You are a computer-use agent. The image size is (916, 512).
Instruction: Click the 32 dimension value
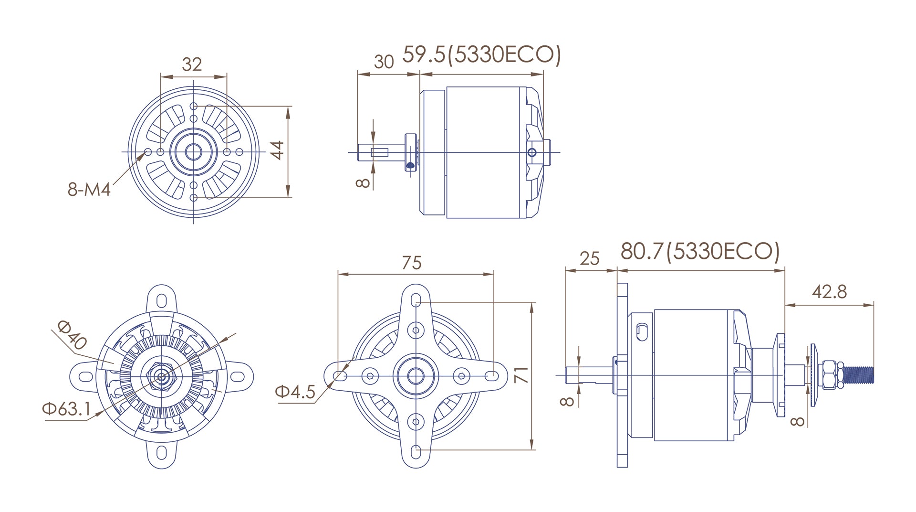click(192, 64)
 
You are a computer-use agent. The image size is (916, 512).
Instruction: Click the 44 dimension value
click(278, 149)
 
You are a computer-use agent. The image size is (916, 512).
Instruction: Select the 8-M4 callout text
click(89, 190)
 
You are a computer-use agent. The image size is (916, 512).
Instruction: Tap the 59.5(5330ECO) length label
click(482, 55)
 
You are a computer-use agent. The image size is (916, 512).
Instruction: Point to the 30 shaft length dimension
click(384, 62)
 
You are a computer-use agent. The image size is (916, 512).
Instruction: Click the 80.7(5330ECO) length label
click(700, 251)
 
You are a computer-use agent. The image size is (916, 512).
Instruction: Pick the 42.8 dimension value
click(829, 291)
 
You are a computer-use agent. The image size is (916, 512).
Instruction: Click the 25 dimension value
click(589, 259)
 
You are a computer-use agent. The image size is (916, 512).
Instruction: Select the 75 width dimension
click(411, 263)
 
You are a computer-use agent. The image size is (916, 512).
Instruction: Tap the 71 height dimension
click(522, 375)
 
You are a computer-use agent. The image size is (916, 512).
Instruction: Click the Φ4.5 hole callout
click(295, 392)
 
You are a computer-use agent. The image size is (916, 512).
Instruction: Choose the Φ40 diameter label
click(72, 335)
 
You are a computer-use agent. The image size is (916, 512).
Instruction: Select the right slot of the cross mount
click(490, 376)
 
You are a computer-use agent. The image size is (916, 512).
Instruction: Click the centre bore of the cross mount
click(416, 376)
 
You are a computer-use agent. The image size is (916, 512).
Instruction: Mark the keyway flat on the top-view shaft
click(380, 153)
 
